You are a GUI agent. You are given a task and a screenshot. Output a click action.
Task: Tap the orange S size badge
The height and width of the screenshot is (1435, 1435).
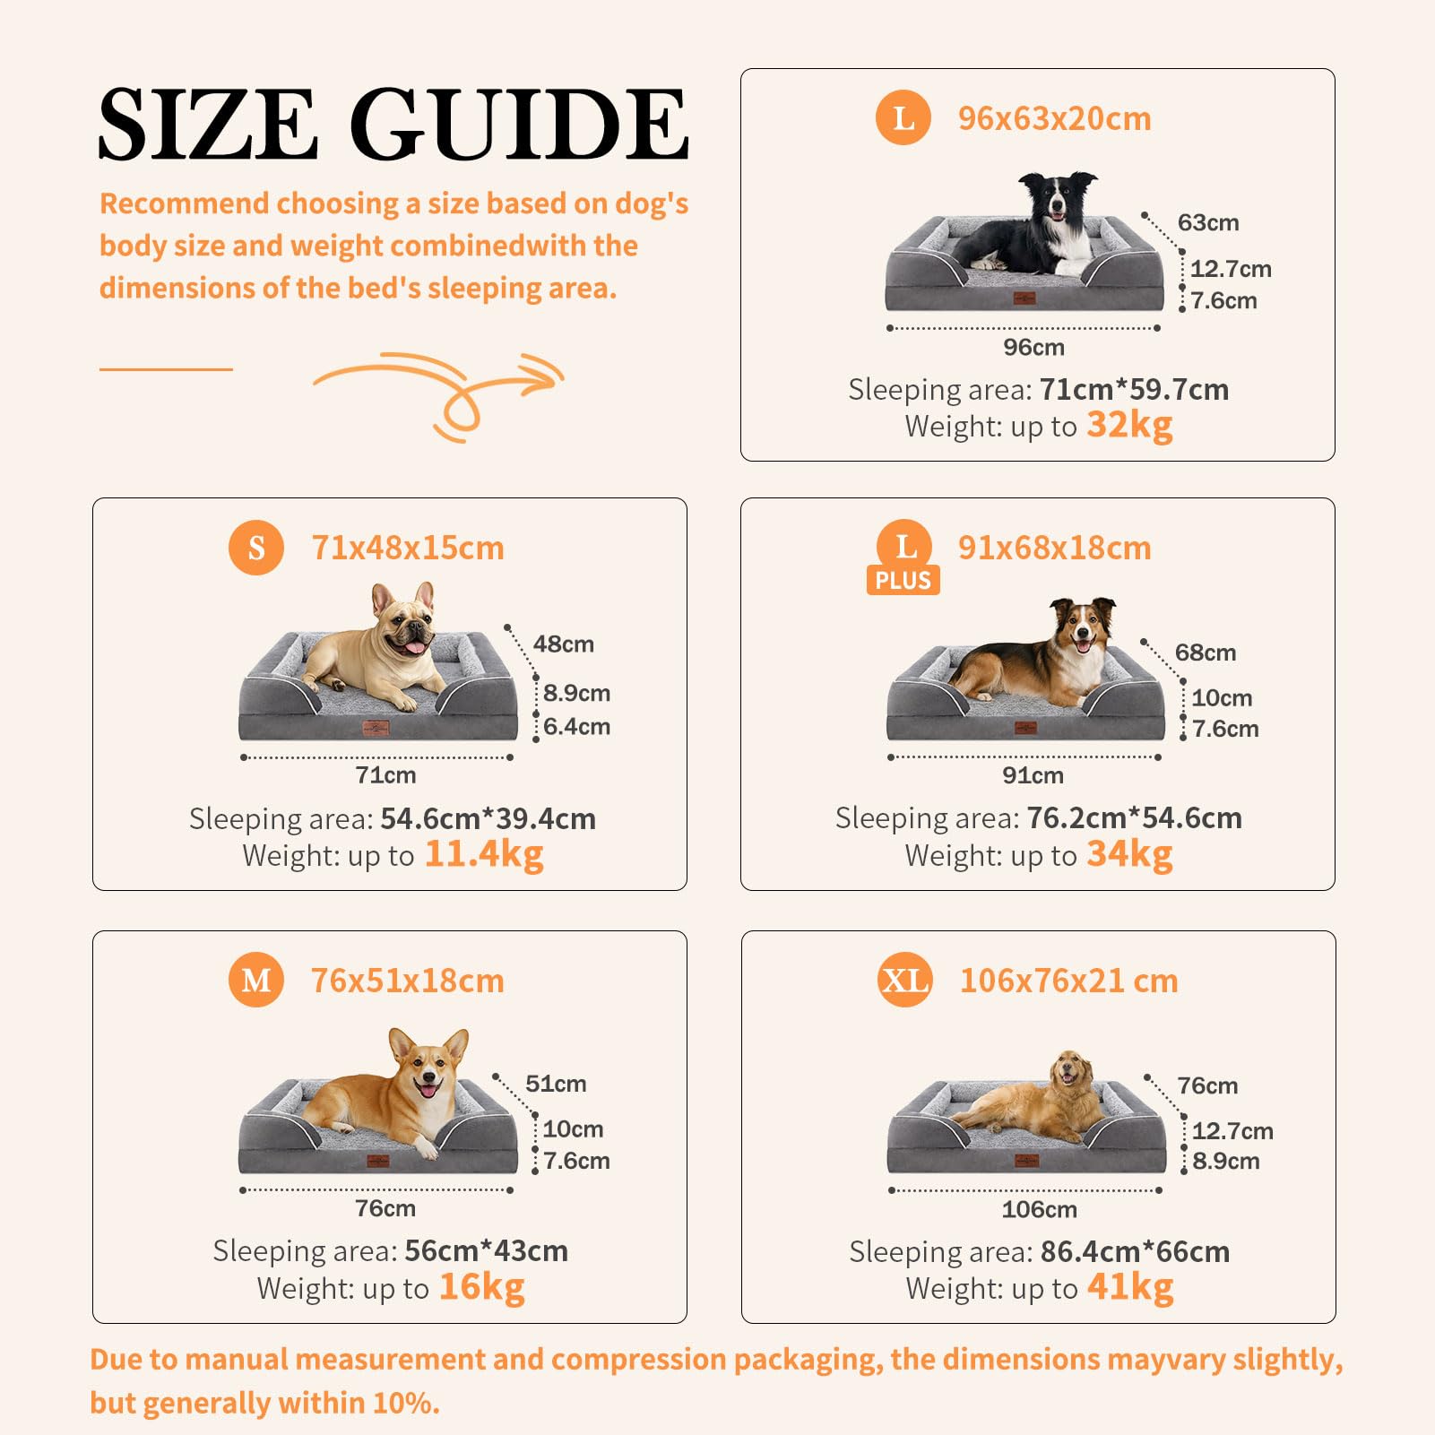(x=256, y=547)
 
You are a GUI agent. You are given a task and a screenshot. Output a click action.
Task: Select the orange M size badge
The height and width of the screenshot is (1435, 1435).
(x=256, y=980)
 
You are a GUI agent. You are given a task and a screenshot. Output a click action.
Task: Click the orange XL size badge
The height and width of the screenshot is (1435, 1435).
(x=904, y=980)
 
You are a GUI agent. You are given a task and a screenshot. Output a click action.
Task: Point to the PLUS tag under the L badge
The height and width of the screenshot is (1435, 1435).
(x=903, y=581)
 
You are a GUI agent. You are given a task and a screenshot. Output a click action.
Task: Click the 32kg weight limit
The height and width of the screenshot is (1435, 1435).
(x=1129, y=426)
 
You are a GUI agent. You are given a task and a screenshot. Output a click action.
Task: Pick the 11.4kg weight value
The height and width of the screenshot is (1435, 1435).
(x=484, y=855)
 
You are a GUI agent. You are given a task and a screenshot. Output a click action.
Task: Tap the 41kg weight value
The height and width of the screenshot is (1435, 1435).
(x=1130, y=1288)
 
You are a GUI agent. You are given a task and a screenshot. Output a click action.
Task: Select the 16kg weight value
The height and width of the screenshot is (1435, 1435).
(x=481, y=1288)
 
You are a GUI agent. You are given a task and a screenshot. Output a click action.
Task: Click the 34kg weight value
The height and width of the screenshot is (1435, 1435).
(x=1129, y=855)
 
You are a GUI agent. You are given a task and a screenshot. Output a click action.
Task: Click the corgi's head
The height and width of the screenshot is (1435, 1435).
(x=428, y=1067)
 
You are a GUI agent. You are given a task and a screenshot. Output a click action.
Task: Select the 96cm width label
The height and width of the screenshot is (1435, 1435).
(x=1034, y=348)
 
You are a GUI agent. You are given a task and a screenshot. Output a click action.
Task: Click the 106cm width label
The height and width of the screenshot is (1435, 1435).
(x=1040, y=1210)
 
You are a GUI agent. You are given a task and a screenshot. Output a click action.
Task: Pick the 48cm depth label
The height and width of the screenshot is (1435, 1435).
(x=564, y=644)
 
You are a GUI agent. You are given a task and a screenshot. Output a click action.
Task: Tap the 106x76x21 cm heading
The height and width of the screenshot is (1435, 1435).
(x=1068, y=981)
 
